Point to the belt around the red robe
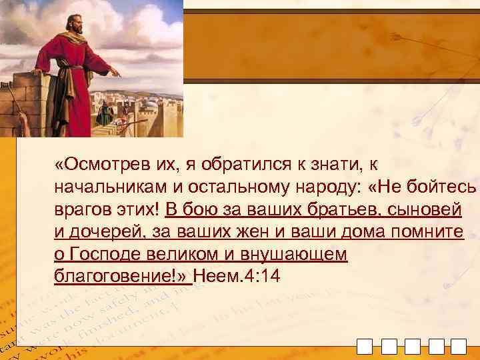tap(73, 67)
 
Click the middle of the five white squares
tap(413, 347)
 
